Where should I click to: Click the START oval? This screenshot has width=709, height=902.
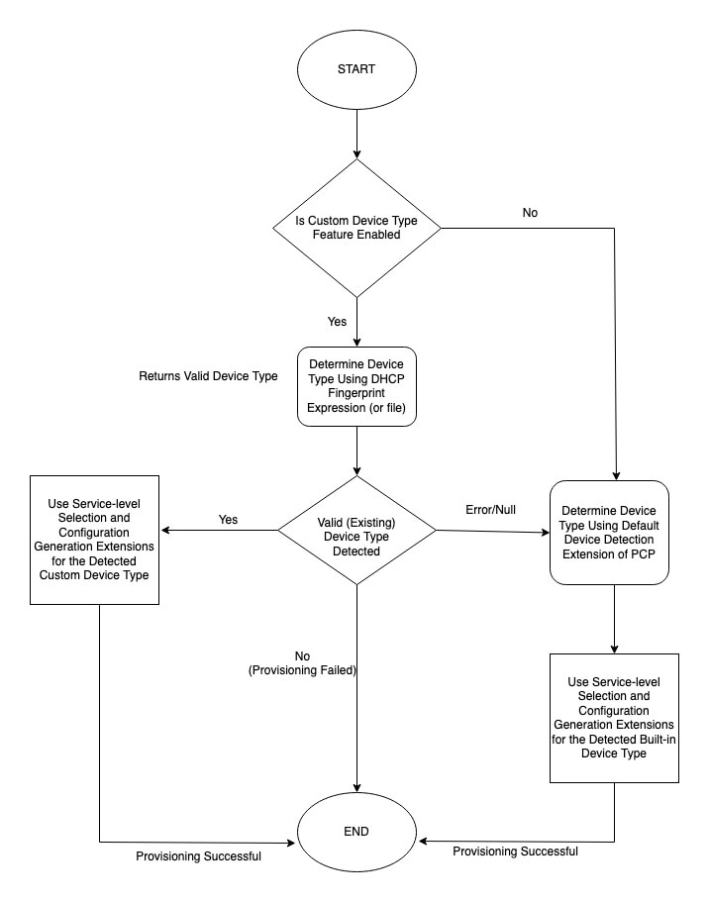coord(356,69)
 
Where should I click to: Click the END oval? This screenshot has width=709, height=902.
coord(356,832)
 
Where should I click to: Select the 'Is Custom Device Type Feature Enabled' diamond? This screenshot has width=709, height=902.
coord(356,229)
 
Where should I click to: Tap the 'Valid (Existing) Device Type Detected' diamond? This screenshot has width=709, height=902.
coord(356,531)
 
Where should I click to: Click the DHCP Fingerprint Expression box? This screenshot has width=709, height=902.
coord(356,386)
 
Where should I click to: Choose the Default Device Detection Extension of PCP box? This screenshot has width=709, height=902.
coord(609,533)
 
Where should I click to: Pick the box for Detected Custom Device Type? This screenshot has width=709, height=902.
coord(94,540)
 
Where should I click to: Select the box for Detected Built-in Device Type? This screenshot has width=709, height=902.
coord(614,718)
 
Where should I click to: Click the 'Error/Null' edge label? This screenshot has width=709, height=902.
coord(490,510)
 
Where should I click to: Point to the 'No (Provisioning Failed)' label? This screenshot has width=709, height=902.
coord(302,663)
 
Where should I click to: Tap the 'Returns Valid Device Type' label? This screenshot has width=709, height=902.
coord(208,376)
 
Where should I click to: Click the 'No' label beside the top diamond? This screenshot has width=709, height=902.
coord(530,213)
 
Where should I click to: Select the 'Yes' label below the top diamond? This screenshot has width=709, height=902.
coord(338,322)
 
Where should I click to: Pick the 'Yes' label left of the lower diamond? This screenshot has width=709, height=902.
coord(228,520)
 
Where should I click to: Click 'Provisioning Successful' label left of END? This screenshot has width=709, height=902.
coord(199,856)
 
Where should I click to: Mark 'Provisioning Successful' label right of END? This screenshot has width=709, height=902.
coord(515,852)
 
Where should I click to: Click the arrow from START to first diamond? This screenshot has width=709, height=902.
coord(356,134)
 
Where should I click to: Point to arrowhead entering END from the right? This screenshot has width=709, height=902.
coord(422,841)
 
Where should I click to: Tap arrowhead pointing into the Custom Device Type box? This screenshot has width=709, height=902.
coord(165,531)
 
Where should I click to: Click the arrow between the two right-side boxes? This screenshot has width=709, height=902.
coord(614,619)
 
